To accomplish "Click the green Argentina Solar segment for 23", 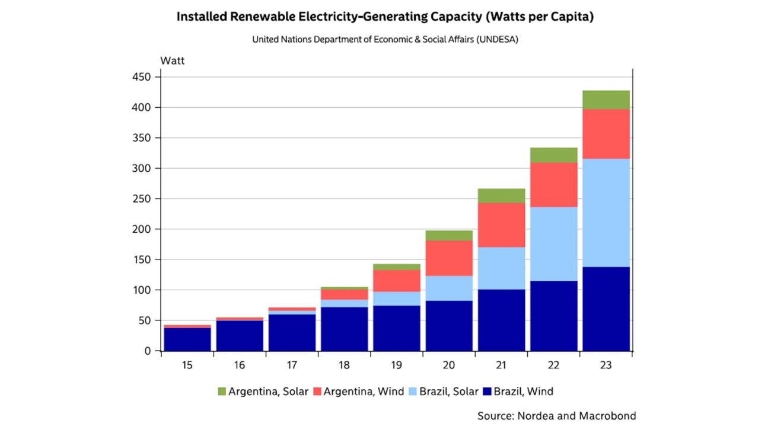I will (606, 100).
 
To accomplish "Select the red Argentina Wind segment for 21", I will (501, 225).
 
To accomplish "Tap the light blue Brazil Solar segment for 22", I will (553, 243).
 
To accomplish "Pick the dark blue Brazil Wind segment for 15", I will (187, 339).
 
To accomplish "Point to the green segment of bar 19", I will (397, 267).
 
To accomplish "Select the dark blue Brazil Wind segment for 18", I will (345, 329).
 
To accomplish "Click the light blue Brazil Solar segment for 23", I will (606, 213).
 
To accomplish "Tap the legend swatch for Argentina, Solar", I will (222, 392).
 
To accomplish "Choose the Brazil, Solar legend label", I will (448, 392).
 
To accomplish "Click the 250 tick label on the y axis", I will (144, 199).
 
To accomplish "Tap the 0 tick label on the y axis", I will (149, 351).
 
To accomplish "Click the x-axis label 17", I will (292, 365).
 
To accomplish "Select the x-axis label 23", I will (606, 365).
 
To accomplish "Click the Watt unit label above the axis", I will (173, 60).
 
